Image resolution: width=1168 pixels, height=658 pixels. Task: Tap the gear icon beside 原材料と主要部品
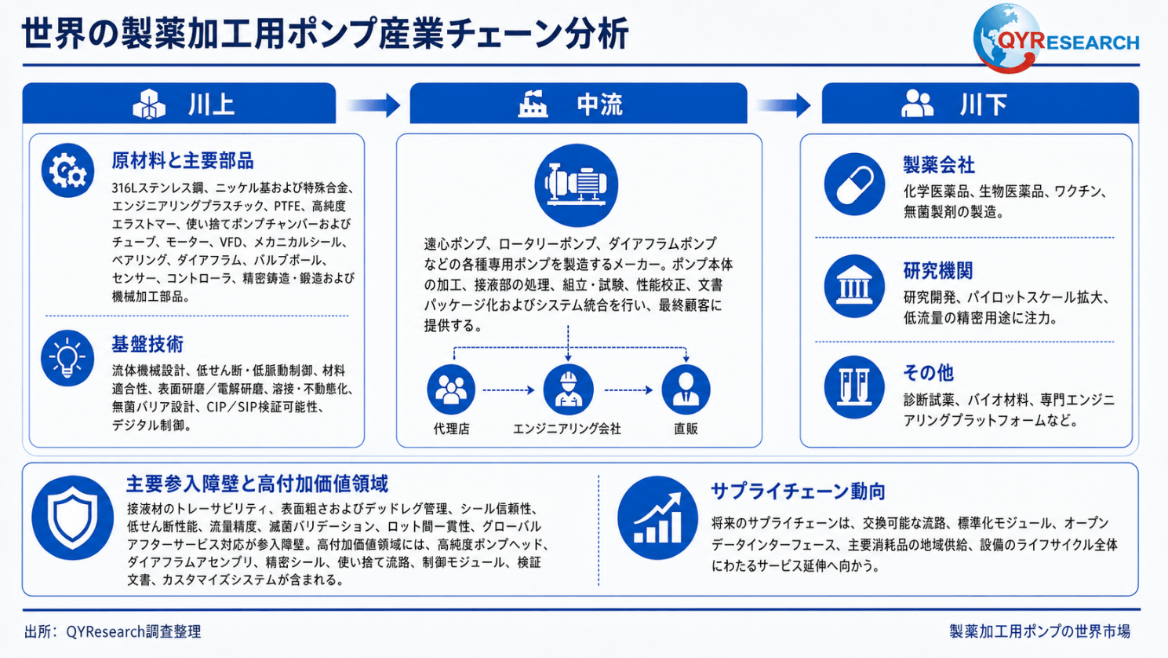(x=67, y=170)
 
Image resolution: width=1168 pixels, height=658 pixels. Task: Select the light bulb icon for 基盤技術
(x=67, y=358)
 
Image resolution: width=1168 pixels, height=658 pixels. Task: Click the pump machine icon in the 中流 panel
(x=577, y=185)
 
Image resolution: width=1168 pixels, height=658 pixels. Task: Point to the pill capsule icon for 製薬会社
(x=854, y=185)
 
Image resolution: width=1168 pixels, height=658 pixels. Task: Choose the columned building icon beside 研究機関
(x=854, y=286)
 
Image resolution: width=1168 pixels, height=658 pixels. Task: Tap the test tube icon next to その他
(x=854, y=387)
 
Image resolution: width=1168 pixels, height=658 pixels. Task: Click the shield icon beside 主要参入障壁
(x=72, y=517)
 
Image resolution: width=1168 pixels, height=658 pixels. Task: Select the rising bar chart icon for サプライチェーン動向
(x=657, y=517)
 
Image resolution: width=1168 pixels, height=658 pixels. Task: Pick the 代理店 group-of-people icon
(x=451, y=389)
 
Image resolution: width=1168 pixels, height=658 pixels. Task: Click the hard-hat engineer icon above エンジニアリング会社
(x=569, y=389)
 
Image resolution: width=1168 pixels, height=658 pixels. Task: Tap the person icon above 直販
(x=686, y=389)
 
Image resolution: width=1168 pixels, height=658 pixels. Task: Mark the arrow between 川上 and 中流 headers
(x=373, y=105)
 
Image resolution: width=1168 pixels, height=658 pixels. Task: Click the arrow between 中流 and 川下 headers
(x=784, y=105)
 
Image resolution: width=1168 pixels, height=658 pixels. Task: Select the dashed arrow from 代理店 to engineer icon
(x=508, y=389)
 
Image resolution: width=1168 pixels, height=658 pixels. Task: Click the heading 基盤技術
(x=147, y=345)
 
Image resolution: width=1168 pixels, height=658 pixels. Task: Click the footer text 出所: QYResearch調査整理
(x=113, y=631)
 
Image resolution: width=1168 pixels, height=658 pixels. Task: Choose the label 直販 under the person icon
(x=686, y=429)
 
